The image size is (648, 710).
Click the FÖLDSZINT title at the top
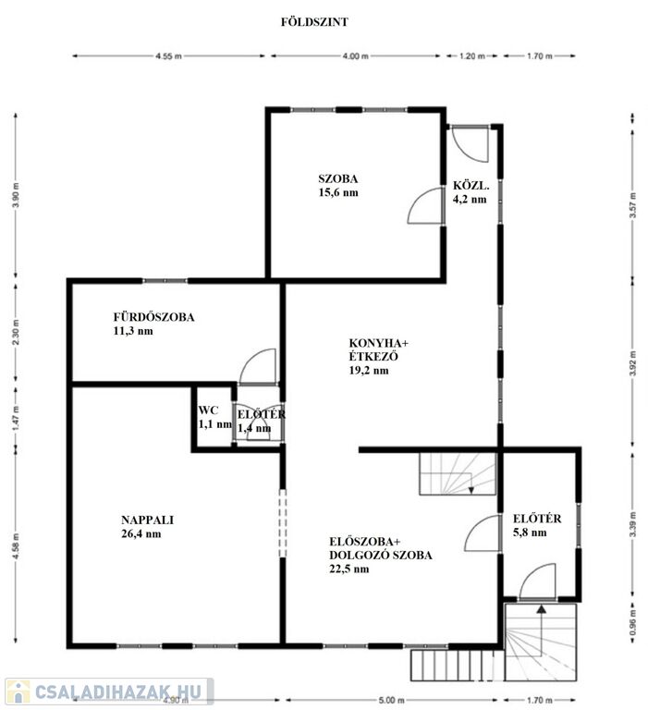coord(314,22)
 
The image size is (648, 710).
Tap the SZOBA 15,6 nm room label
coord(338,185)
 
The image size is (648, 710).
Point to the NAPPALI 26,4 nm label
coord(147,527)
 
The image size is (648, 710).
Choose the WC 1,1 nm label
coord(214,417)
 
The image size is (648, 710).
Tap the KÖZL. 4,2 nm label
coord(471,192)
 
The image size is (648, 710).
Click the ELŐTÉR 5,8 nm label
coord(537,525)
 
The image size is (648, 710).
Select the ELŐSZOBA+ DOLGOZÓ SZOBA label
coord(380,555)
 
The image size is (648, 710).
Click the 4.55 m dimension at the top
coord(168,56)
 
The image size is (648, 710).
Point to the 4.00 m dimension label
coord(356,56)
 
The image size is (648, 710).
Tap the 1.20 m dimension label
coord(471,56)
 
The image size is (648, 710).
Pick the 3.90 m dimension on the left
coord(17,195)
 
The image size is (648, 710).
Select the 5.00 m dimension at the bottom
coord(391,700)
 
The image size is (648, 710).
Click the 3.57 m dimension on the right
coord(632,205)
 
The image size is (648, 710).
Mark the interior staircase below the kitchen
coord(458,473)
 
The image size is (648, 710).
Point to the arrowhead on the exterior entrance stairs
coord(541,609)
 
